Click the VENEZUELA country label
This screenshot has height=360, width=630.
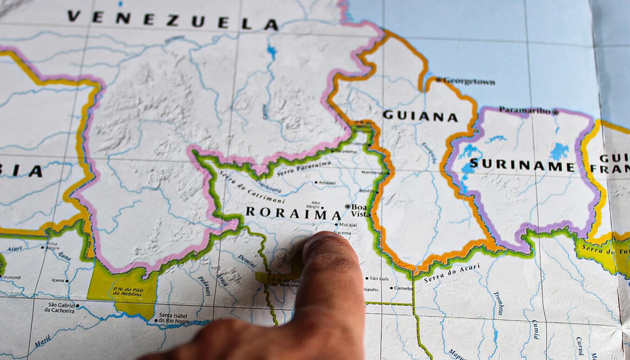coord(173,20)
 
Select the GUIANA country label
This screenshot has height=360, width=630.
coord(420,116)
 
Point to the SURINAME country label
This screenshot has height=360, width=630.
coord(522,165)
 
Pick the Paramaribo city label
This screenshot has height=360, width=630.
coord(525,110)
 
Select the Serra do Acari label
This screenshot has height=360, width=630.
coord(452,273)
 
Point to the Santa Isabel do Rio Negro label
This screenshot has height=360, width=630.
coord(173,318)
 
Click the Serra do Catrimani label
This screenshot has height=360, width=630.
coord(251,188)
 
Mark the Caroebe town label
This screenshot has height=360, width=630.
coord(404,288)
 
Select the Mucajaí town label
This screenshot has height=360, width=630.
coord(348,225)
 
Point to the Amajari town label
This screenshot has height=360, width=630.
coord(327,182)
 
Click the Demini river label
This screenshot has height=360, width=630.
coord(247,261)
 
